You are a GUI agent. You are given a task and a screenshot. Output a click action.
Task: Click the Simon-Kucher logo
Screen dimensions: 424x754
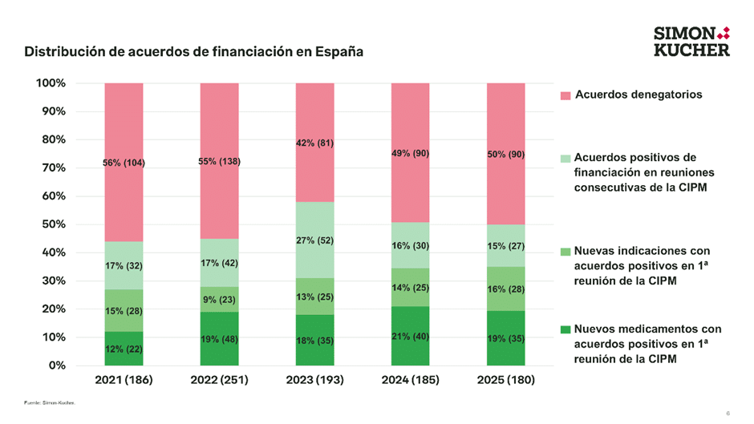691,41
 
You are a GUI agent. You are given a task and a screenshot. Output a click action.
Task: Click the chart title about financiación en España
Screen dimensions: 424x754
193,52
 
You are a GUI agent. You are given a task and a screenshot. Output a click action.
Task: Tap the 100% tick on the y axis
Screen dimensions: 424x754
51,83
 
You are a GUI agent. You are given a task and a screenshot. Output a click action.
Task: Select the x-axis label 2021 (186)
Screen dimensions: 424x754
124,379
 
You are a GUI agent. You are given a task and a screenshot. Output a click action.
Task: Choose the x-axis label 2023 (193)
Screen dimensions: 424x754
314,379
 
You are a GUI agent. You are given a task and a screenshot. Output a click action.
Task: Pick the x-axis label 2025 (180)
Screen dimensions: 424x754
506,379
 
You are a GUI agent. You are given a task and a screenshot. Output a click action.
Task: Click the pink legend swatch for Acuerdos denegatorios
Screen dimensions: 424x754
565,95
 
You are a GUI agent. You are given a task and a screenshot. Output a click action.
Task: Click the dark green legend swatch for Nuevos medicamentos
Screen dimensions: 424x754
565,329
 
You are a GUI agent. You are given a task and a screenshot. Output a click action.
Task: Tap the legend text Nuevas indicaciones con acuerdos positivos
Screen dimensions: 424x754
642,266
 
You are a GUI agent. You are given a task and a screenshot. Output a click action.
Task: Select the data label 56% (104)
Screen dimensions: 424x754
124,164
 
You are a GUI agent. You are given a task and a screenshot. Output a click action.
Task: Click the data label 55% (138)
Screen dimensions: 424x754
219,162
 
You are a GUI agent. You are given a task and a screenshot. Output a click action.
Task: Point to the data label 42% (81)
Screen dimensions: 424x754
314,143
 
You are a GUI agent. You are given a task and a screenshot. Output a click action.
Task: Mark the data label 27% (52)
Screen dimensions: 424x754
314,240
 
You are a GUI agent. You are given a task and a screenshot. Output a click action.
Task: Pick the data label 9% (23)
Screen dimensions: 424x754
219,300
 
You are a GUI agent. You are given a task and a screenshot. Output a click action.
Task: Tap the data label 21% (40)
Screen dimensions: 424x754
410,337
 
